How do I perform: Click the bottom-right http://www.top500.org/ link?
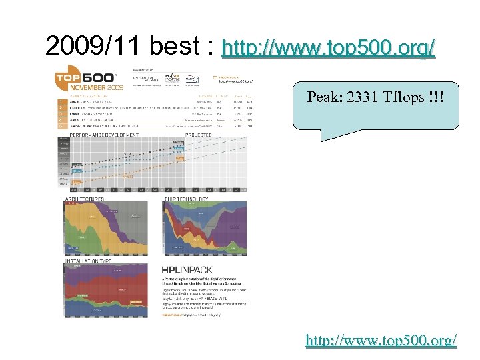click(381, 340)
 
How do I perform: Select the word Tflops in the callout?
click(404, 97)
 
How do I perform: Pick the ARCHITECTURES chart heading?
click(85, 199)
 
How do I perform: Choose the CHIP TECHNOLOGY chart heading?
click(186, 199)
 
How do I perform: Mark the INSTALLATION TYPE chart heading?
click(89, 261)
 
